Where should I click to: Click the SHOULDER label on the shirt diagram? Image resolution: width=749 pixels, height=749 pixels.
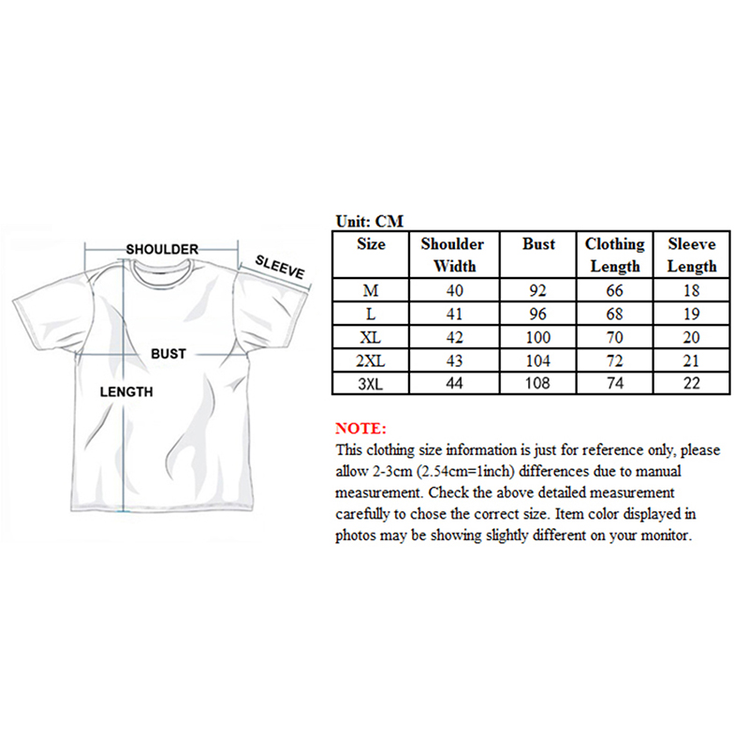162,249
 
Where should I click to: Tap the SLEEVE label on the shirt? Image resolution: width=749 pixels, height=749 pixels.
280,267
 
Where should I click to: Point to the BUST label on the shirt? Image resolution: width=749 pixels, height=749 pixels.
169,354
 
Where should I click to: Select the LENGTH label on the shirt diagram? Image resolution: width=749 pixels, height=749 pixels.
125,391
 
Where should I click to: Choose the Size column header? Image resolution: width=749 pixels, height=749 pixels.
372,244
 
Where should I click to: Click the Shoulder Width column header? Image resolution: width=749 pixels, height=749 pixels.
452,255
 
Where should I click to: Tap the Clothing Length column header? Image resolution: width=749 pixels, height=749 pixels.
615,255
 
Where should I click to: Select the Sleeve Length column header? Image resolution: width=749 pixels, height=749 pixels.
692,255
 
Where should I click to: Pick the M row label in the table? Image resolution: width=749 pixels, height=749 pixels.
372,290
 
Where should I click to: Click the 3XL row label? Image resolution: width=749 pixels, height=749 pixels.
372,383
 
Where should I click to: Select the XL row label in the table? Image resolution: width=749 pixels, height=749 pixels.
372,337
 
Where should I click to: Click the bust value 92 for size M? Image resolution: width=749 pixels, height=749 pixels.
538,290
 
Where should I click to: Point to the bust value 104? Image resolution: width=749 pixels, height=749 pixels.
538,360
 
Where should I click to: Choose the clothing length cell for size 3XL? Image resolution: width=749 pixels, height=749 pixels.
615,383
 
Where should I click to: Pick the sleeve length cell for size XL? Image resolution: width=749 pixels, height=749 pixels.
692,337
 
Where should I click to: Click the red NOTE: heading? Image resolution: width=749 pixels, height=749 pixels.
360,428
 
